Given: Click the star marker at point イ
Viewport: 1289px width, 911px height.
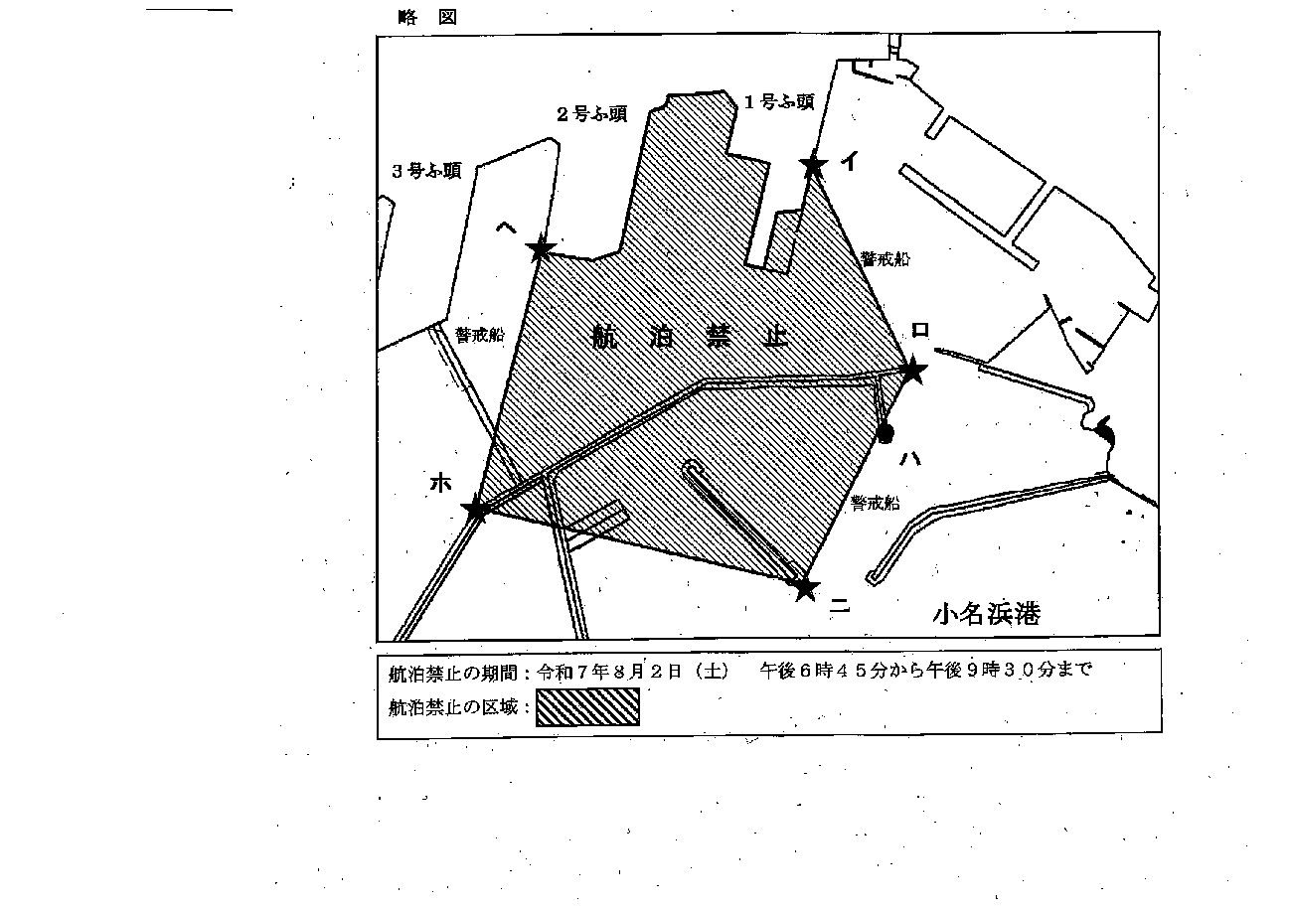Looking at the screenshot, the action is (x=814, y=166).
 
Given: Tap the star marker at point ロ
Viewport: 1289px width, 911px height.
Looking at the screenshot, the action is (x=913, y=371).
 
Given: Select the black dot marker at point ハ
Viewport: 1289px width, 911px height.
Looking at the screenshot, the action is (x=886, y=434).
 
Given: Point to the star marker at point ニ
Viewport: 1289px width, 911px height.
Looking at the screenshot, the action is (x=806, y=588).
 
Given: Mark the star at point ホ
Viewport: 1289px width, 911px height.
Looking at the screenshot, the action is (x=477, y=509).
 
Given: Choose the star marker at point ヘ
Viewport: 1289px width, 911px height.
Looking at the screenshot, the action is (x=541, y=250).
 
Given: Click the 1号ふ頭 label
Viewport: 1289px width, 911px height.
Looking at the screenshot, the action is (x=780, y=101).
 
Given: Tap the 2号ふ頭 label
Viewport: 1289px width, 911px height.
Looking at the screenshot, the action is (x=592, y=114).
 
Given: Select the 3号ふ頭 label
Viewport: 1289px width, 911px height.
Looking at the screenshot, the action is (x=427, y=170).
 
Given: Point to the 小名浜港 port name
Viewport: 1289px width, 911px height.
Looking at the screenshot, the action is (x=986, y=614).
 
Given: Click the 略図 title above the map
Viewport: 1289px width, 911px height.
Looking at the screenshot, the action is (x=427, y=17).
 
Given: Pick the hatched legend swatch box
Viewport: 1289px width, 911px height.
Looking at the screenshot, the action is (x=587, y=706).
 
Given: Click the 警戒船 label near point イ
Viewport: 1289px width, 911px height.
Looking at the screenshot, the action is (x=886, y=259).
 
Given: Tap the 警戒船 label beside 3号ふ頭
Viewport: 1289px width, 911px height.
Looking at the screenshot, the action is (x=480, y=335).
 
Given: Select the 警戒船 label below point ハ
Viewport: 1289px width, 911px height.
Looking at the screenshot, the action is (x=876, y=504).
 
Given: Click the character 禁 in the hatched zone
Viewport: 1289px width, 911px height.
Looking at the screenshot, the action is (x=719, y=336).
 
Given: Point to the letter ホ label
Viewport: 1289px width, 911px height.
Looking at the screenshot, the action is (x=441, y=483).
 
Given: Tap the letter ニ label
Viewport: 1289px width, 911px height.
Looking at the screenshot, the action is (x=840, y=605).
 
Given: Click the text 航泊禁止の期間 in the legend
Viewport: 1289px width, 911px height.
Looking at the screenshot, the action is (x=452, y=673).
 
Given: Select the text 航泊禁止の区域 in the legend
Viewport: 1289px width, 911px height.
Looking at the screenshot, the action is (x=452, y=706).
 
